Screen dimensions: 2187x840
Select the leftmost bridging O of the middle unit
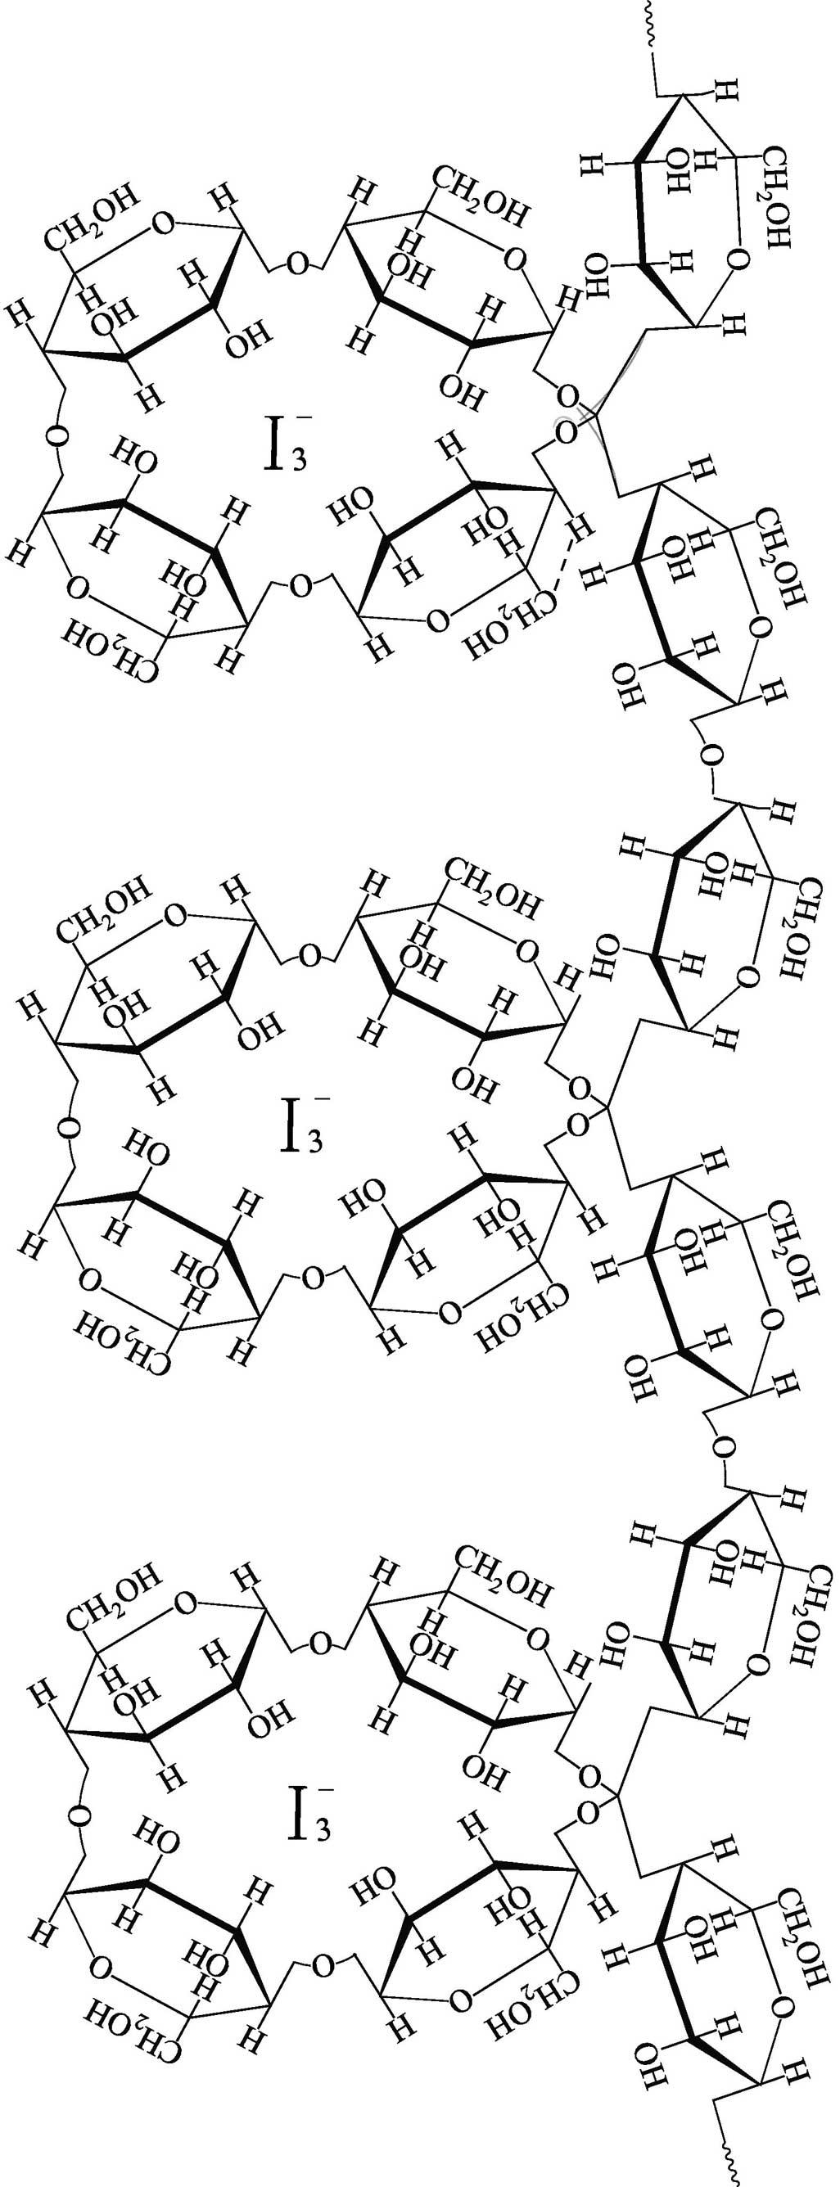[x=70, y=1126]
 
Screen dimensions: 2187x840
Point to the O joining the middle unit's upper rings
[x=311, y=954]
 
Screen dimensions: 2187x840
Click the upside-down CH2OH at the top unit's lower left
[x=111, y=653]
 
